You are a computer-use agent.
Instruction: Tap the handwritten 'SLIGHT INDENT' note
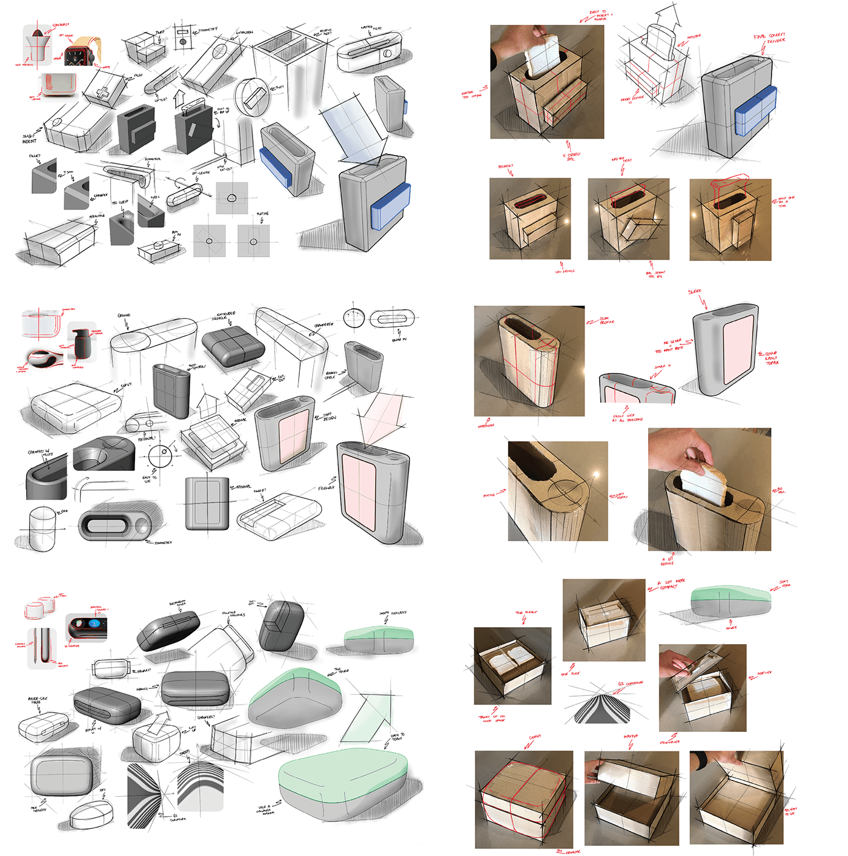coord(29,139)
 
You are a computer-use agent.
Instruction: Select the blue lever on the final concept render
coord(755,110)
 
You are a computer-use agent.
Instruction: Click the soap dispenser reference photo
coord(80,343)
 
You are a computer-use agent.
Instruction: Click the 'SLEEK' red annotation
coord(695,292)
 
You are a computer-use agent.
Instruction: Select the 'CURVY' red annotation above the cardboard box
coord(534,737)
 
